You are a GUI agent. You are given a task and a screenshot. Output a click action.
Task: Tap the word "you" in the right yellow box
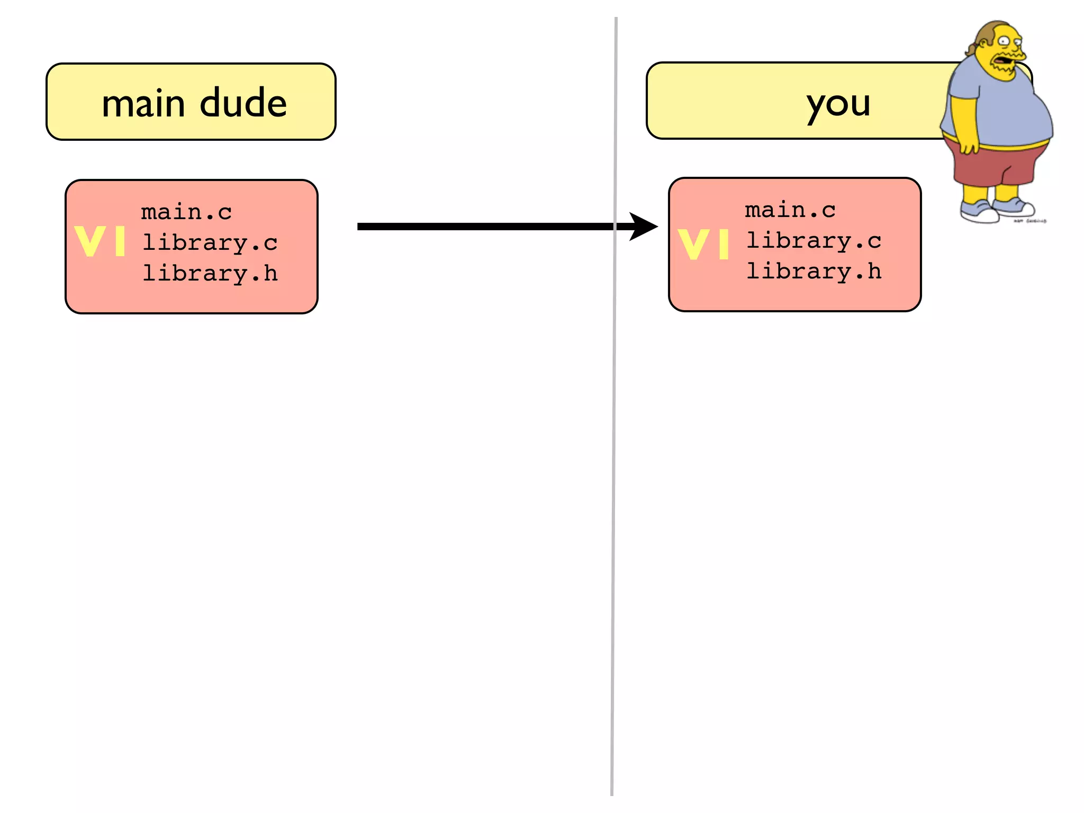tap(838, 104)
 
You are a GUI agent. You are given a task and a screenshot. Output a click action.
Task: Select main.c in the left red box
tap(186, 213)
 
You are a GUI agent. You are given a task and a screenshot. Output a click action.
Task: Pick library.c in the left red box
tap(210, 243)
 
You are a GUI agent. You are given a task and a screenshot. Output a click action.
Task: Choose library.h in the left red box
tap(210, 274)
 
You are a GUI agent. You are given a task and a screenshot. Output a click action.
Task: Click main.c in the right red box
tap(790, 211)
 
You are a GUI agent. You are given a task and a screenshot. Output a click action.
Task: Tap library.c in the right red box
tap(814, 241)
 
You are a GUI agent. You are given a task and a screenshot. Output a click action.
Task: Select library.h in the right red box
tap(814, 272)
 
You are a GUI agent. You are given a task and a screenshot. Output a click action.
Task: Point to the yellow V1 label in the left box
tap(100, 241)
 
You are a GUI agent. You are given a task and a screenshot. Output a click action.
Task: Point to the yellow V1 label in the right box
tap(703, 245)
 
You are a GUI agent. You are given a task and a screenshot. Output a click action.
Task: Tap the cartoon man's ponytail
tap(972, 49)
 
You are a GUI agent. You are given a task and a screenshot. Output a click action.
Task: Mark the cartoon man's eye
tap(1004, 41)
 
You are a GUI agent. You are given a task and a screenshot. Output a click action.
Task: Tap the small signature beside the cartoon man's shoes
tap(1030, 221)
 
